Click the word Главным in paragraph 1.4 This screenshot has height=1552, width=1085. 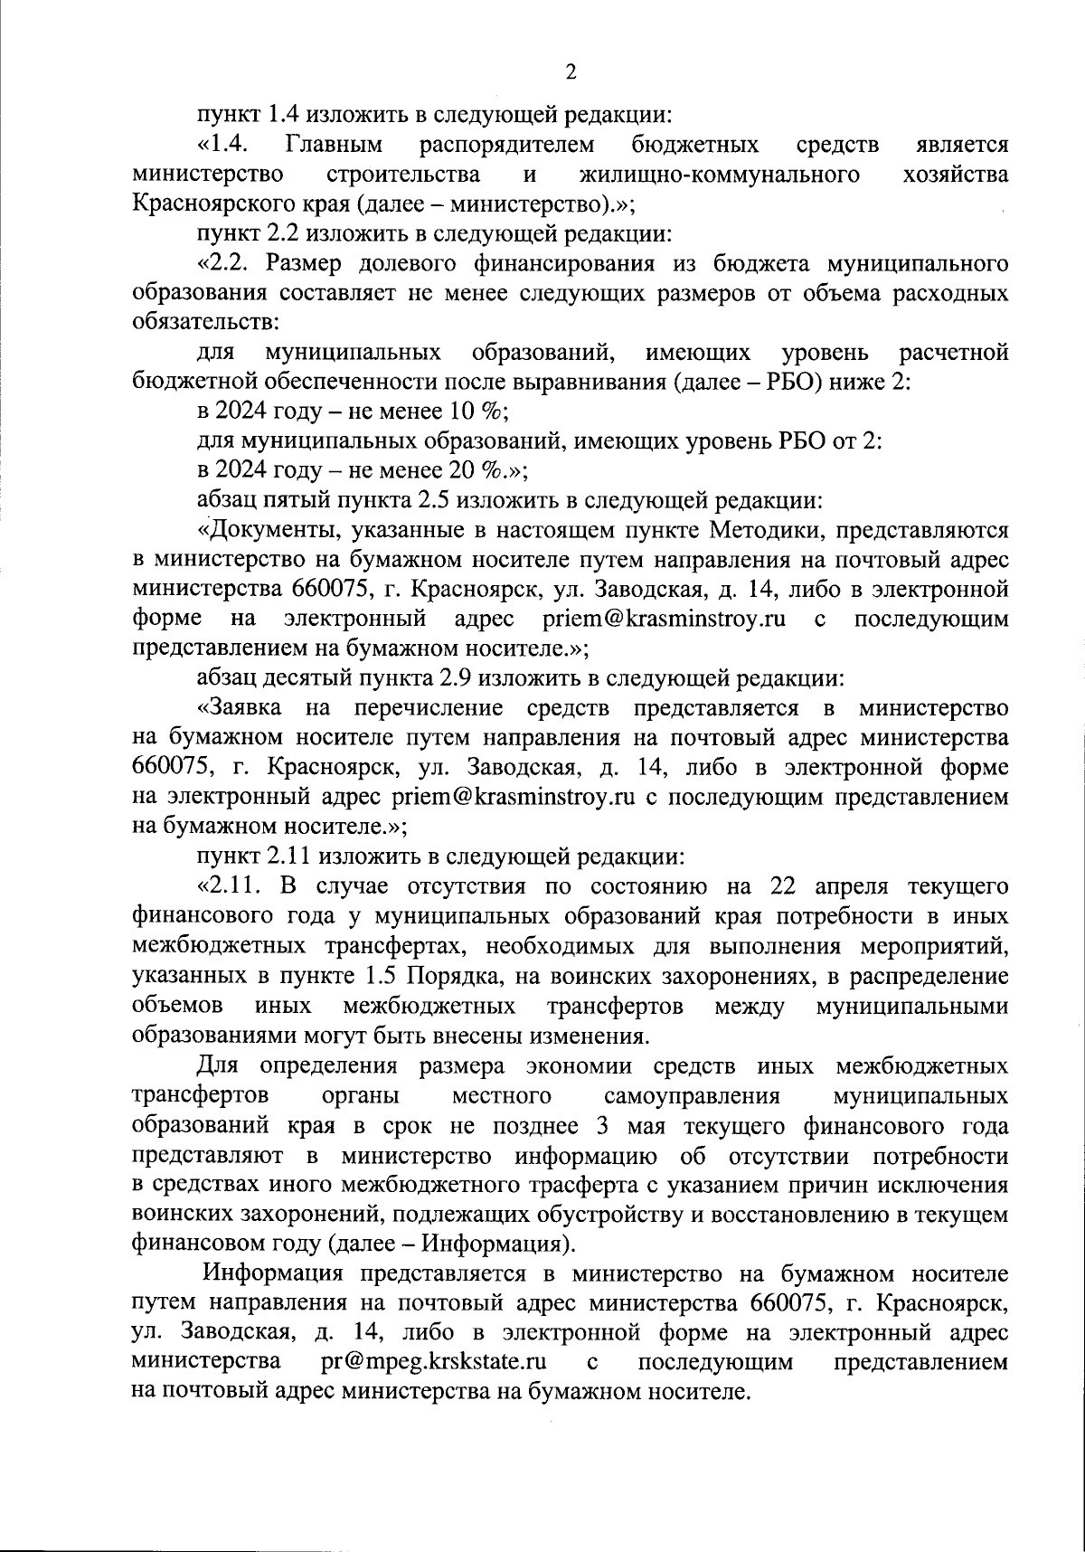point(334,145)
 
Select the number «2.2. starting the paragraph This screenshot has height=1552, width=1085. point(222,263)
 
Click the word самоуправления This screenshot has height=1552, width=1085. point(691,1096)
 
